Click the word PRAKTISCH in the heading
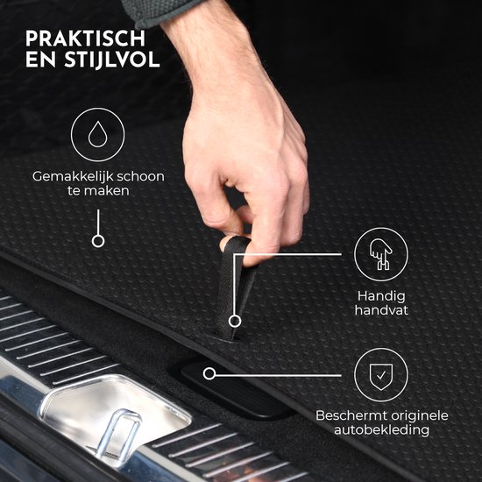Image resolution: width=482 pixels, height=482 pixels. pyautogui.click(x=86, y=39)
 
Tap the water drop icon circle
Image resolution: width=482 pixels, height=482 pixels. pyautogui.click(x=98, y=134)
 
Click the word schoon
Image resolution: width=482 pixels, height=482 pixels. pyautogui.click(x=140, y=176)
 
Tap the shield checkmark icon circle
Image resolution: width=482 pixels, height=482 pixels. pyautogui.click(x=380, y=374)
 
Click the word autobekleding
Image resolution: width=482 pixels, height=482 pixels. pyautogui.click(x=380, y=431)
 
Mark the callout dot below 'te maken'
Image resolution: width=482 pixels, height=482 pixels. pyautogui.click(x=98, y=240)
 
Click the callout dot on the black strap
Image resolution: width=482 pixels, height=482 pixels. pyautogui.click(x=234, y=321)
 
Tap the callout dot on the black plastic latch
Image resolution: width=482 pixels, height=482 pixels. pyautogui.click(x=209, y=373)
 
